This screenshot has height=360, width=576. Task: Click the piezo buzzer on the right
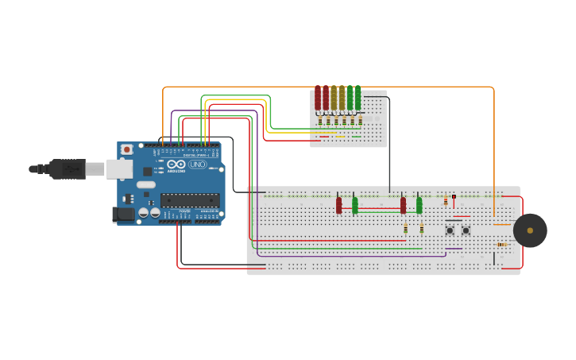(x=530, y=230)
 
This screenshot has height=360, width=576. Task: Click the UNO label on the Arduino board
(x=198, y=165)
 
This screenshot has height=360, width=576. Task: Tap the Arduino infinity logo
(x=176, y=164)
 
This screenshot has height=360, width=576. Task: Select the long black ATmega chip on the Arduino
(x=190, y=200)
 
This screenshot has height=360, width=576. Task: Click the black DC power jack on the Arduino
(x=123, y=214)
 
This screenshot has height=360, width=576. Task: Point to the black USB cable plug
(x=68, y=168)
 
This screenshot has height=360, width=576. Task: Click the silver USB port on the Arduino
(x=118, y=168)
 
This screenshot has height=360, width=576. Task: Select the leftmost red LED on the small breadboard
(x=318, y=98)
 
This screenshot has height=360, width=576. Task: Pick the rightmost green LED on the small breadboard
(x=358, y=98)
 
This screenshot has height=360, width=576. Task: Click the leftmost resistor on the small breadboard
(x=320, y=121)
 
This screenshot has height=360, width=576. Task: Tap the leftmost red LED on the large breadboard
(x=338, y=205)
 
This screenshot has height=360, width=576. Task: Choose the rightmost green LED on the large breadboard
(x=419, y=205)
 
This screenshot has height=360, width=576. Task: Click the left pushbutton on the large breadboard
(x=450, y=230)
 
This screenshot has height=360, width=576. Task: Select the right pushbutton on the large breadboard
(x=466, y=230)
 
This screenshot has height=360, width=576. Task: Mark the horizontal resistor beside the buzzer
(x=503, y=245)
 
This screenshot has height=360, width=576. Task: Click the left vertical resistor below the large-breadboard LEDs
(x=405, y=229)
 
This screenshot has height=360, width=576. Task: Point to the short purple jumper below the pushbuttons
(x=454, y=249)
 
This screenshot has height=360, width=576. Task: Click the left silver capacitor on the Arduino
(x=144, y=212)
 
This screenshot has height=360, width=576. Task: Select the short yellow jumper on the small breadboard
(x=340, y=137)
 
